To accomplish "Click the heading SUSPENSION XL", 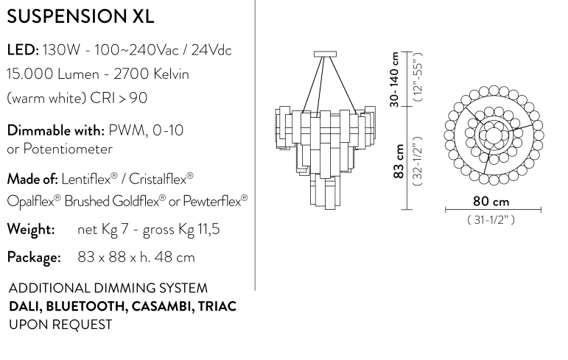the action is pyautogui.click(x=80, y=16).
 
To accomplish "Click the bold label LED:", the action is pyautogui.click(x=23, y=49).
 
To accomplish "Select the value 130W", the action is pyautogui.click(x=61, y=49).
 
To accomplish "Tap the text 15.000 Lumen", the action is pyautogui.click(x=53, y=74).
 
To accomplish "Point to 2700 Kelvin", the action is pyautogui.click(x=152, y=74).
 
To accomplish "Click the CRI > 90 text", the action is pyautogui.click(x=119, y=98).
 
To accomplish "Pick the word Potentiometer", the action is pyautogui.click(x=68, y=149).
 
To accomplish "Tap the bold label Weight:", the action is pyautogui.click(x=31, y=230).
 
